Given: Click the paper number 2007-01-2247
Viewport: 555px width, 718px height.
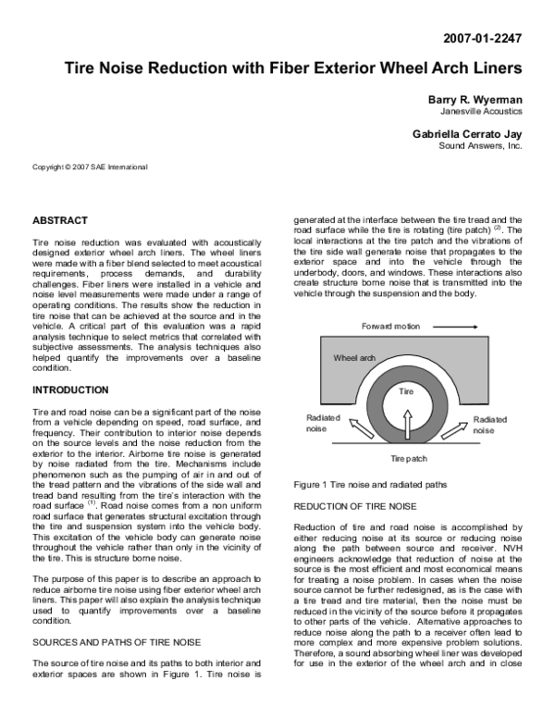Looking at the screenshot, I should (482, 39).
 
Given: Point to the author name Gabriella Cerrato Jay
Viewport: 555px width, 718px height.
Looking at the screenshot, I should (467, 134).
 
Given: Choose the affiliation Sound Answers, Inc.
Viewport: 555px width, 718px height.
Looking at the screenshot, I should (480, 146).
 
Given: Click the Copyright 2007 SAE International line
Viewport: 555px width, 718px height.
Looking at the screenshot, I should (90, 167).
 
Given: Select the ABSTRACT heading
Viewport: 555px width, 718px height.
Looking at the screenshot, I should (60, 220).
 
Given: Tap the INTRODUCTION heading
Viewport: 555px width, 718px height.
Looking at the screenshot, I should (70, 390).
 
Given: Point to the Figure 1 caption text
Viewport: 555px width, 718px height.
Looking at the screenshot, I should (369, 484).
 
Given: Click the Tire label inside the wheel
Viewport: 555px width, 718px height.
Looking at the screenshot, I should (406, 391).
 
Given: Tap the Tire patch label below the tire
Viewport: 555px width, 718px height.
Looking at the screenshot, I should (408, 458).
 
